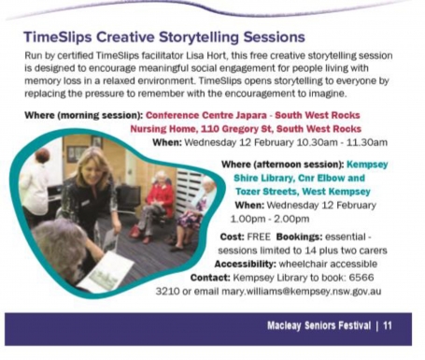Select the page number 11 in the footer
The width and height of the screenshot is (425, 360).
pyautogui.click(x=387, y=327)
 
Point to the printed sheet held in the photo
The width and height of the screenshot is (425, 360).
pyautogui.click(x=107, y=270)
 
